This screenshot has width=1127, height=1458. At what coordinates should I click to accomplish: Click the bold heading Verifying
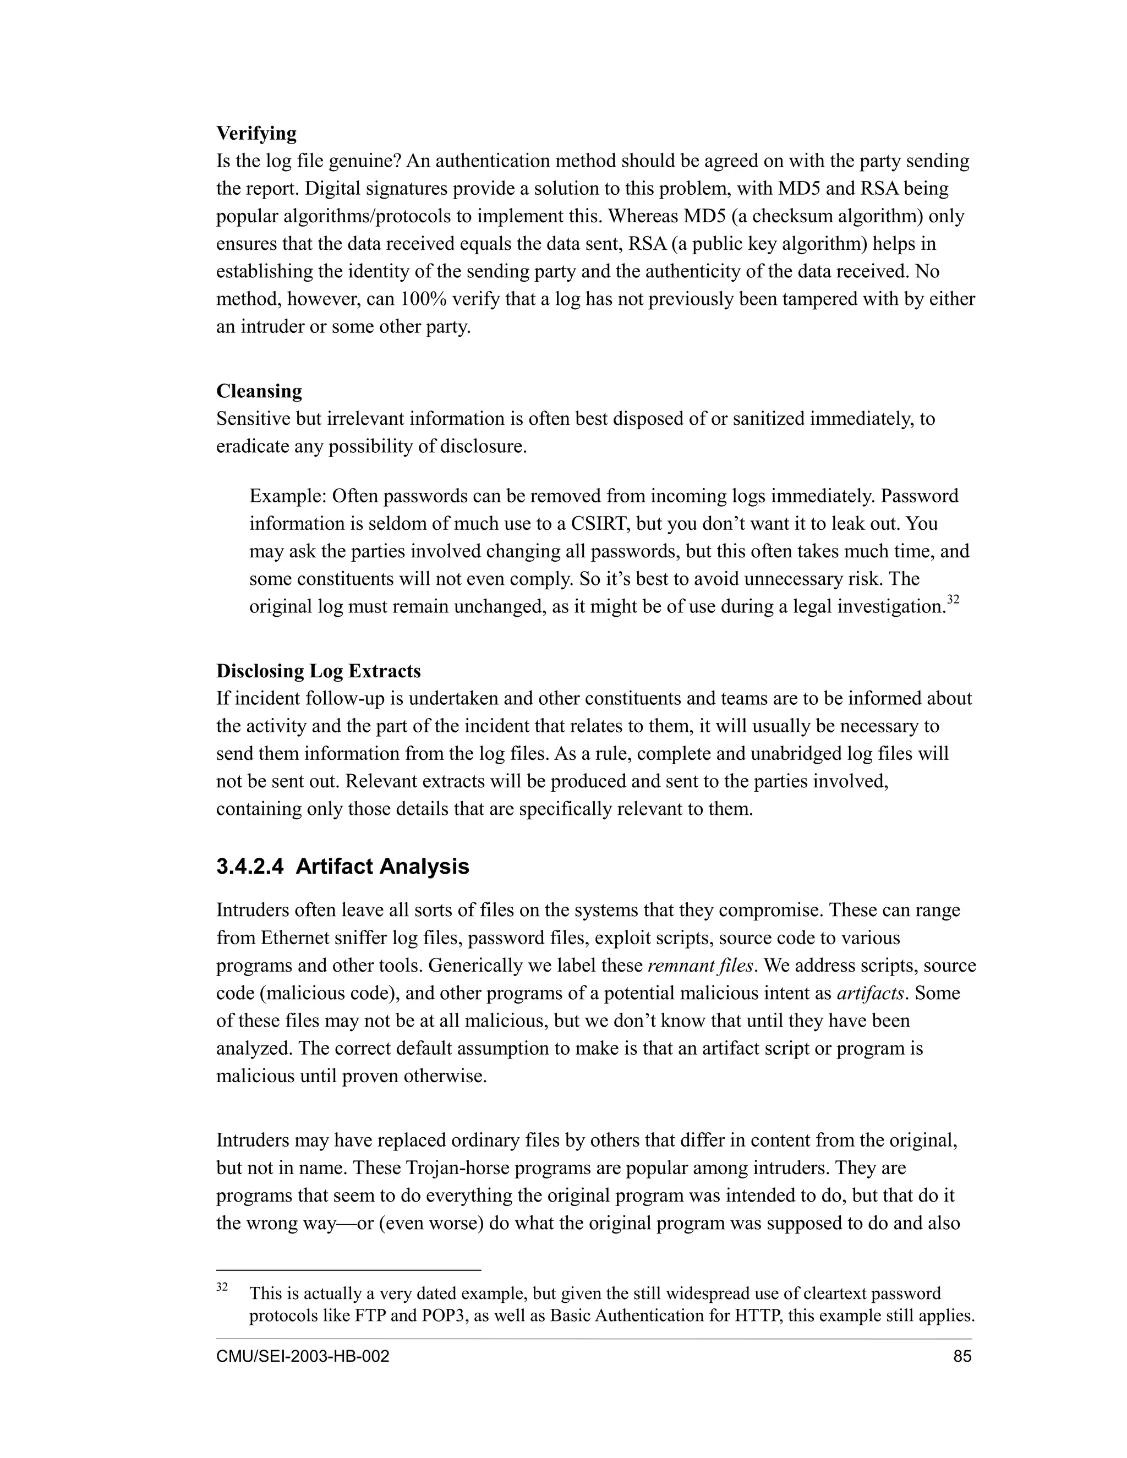(x=256, y=134)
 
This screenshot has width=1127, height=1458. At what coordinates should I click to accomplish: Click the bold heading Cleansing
(x=259, y=391)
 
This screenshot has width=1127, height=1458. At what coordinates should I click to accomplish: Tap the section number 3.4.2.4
(x=250, y=867)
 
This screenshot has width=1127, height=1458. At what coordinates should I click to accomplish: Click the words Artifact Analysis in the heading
(x=382, y=867)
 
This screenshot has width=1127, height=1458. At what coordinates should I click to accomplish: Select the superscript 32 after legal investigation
(x=954, y=600)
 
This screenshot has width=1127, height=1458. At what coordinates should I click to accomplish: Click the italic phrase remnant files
(x=701, y=966)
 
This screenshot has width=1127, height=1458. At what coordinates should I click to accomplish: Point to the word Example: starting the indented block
(x=288, y=496)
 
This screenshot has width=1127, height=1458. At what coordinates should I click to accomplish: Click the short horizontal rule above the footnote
(x=348, y=1270)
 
